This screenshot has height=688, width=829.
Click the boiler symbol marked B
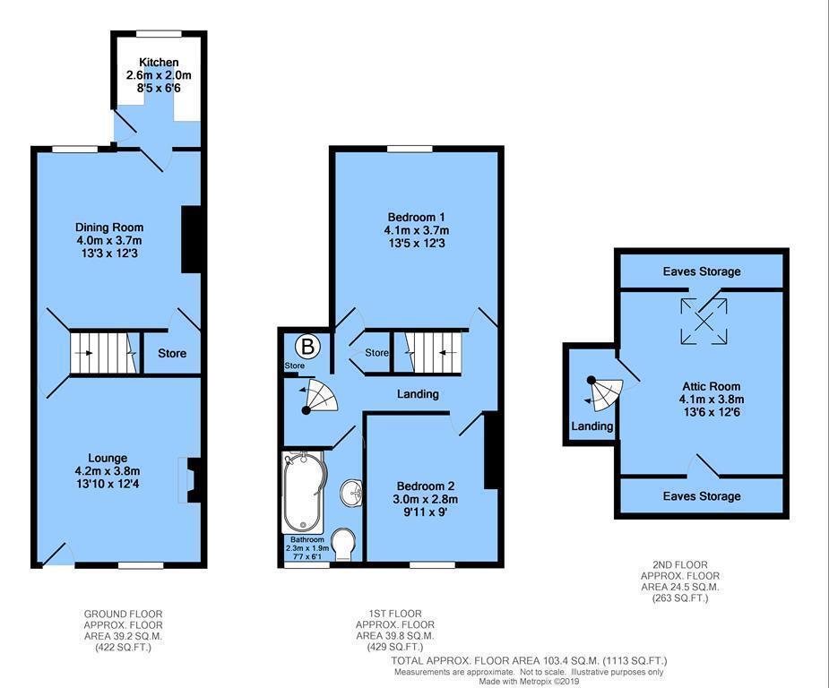tap(307, 345)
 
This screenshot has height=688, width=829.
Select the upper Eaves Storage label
tap(702, 271)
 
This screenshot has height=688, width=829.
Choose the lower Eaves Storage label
tap(702, 495)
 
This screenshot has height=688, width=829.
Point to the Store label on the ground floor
tap(172, 354)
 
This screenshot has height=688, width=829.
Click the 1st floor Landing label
tap(418, 394)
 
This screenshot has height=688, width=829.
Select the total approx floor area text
tap(529, 661)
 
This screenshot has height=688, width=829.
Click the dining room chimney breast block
tap(191, 239)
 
